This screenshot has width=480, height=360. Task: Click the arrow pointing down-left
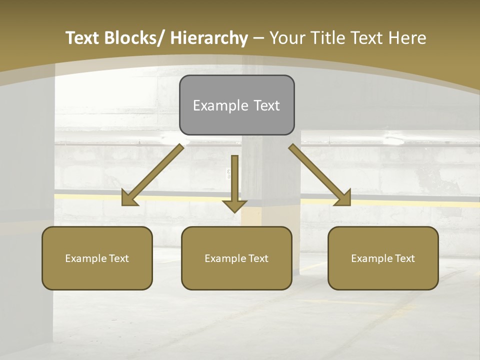[153, 175]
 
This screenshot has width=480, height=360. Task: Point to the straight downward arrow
[234, 182]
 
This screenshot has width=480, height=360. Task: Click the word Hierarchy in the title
[209, 38]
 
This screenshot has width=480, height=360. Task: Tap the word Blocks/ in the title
[133, 38]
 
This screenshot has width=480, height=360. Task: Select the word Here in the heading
[406, 38]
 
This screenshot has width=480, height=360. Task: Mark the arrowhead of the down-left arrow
[129, 198]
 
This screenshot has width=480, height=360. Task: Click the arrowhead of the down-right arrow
[343, 198]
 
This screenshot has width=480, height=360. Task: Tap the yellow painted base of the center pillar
[251, 215]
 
